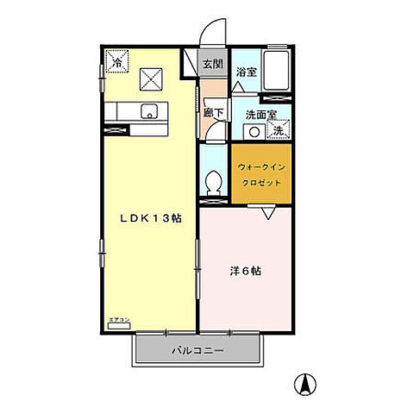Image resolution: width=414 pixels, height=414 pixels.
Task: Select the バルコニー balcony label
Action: [197, 351]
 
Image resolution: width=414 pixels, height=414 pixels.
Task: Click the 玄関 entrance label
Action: [213, 64]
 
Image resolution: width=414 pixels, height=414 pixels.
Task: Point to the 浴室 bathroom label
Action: [246, 72]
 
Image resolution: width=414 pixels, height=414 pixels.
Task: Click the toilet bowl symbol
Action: [215, 183]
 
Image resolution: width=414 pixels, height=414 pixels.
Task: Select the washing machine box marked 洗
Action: [279, 130]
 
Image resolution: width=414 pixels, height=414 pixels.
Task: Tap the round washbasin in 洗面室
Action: [254, 131]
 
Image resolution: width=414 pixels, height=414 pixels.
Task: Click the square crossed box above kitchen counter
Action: [152, 80]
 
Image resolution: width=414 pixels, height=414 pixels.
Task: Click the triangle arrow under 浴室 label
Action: [238, 88]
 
